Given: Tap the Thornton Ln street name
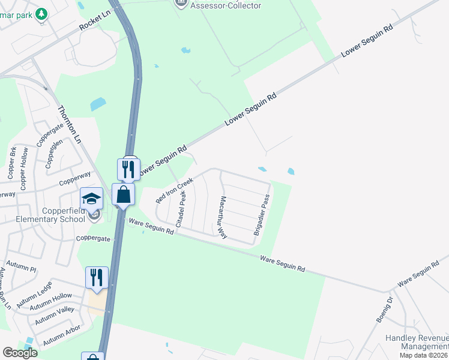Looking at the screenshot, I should [x=69, y=124].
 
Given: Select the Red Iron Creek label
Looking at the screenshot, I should [x=175, y=190].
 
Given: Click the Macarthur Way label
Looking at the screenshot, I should [x=222, y=217].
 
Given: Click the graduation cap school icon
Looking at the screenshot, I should [x=92, y=197].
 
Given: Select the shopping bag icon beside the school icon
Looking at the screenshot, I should [x=123, y=195].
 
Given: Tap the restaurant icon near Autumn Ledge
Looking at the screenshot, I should [x=97, y=277].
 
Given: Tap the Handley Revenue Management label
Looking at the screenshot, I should [x=417, y=342].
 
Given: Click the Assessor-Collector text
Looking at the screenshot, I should [x=226, y=5].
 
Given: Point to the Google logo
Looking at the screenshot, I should [x=20, y=353].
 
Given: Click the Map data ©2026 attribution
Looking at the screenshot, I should [x=423, y=355].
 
